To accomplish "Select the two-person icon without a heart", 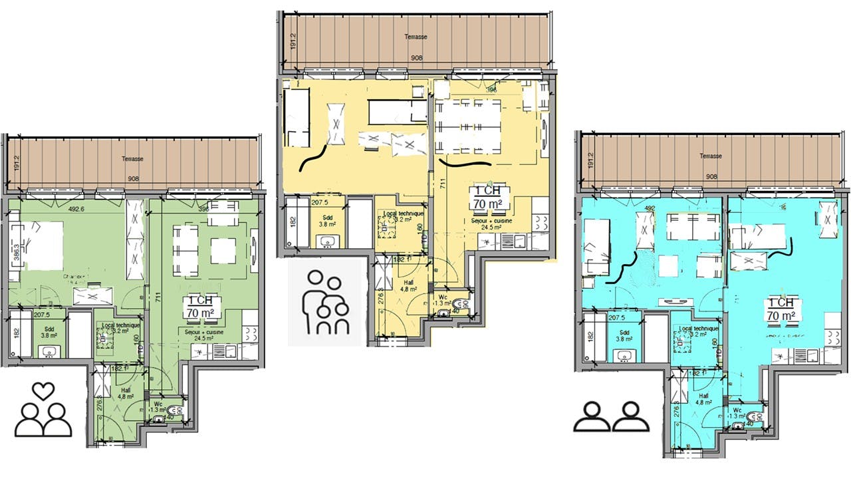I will pyautogui.click(x=612, y=416).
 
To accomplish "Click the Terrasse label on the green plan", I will pyautogui.click(x=132, y=159).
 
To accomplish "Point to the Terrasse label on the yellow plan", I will pyautogui.click(x=417, y=37).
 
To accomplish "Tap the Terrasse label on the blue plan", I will pyautogui.click(x=710, y=156).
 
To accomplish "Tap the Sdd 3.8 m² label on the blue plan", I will pyautogui.click(x=624, y=335).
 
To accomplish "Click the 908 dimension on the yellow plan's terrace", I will pyautogui.click(x=417, y=57).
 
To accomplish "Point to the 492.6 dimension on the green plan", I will pyautogui.click(x=76, y=208).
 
